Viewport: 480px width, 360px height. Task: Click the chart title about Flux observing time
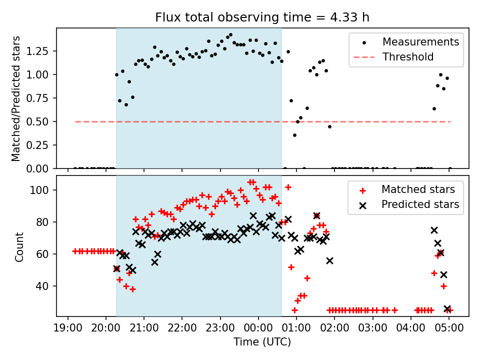262,17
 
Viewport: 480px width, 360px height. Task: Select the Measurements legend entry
420,42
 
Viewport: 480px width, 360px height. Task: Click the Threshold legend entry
408,57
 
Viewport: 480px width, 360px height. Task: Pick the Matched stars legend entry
418,189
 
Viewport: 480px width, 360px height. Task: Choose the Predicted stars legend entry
420,204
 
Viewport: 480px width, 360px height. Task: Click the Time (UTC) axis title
262,342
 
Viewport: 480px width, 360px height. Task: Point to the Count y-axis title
19,246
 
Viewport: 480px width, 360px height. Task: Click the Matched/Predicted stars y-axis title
16,98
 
